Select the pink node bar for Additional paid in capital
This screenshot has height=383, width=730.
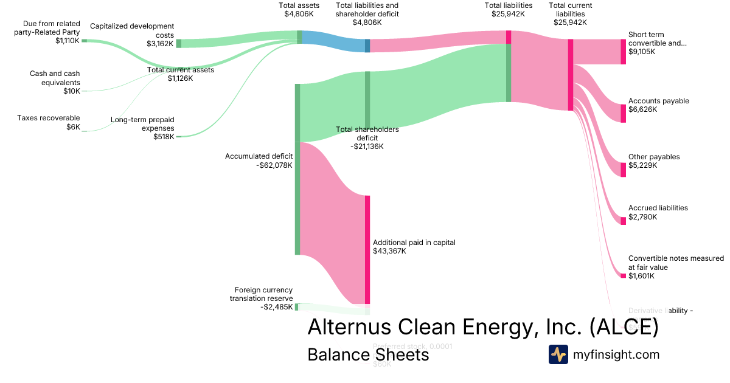pyautogui.click(x=367, y=249)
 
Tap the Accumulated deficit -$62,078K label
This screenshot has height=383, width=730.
pyautogui.click(x=259, y=160)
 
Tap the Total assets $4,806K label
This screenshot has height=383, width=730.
pyautogui.click(x=299, y=10)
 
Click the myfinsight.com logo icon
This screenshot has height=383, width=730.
pyautogui.click(x=558, y=354)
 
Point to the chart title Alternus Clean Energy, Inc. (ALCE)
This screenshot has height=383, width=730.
pyautogui.click(x=483, y=326)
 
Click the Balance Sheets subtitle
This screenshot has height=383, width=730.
pyautogui.click(x=368, y=354)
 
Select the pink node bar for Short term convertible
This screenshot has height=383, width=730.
pyautogui.click(x=623, y=52)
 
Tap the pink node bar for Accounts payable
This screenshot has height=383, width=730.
pyautogui.click(x=623, y=113)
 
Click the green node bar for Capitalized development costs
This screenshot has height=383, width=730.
pyautogui.click(x=179, y=43)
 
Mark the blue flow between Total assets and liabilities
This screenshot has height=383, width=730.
pyautogui.click(x=333, y=41)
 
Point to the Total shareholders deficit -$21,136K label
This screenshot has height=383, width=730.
pyautogui.click(x=367, y=138)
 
